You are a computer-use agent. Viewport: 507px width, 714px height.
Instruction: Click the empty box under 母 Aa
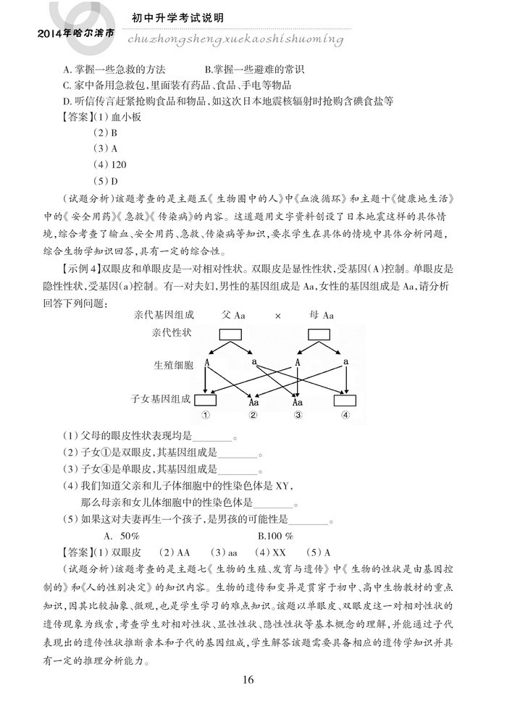click(x=322, y=335)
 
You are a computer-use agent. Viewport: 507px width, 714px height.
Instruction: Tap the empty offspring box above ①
click(x=206, y=399)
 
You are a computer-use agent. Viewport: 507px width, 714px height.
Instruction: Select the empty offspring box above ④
click(x=345, y=399)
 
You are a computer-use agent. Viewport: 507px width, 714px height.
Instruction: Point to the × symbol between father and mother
click(x=277, y=315)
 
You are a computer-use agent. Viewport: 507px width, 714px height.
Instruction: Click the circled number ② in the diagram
click(x=253, y=415)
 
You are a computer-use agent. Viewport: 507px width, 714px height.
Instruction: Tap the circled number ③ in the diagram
click(x=298, y=415)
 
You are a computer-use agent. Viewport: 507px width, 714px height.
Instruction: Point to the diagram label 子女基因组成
click(x=161, y=398)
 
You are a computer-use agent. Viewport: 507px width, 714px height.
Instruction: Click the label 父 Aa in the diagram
click(x=233, y=315)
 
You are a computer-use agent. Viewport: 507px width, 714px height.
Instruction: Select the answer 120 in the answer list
click(x=110, y=164)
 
